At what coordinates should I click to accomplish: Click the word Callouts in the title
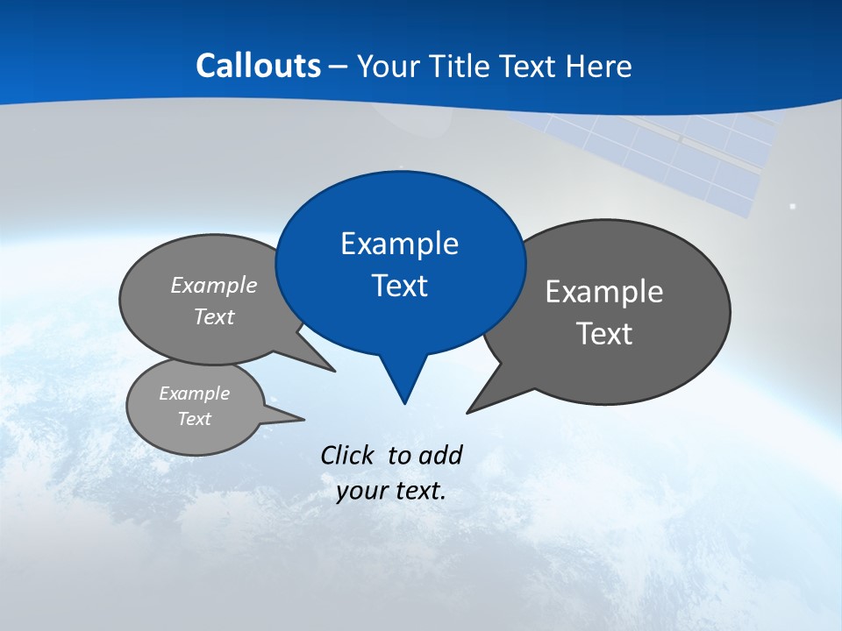click(x=258, y=66)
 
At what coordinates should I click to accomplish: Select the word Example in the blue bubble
click(x=399, y=244)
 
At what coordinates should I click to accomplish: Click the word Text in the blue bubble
click(x=399, y=286)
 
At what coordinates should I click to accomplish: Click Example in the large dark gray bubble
click(x=603, y=292)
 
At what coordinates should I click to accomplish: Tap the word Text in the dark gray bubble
click(x=603, y=334)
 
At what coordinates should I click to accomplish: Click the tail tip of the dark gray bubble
click(x=468, y=412)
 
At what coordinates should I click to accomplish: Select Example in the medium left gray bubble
click(x=213, y=286)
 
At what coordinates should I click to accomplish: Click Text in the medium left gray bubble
click(x=213, y=317)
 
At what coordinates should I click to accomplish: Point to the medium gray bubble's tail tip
click(x=333, y=371)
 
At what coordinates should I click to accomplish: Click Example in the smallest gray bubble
click(x=194, y=394)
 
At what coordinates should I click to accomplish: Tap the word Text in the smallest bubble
click(x=194, y=419)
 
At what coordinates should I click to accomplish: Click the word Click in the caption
click(x=347, y=456)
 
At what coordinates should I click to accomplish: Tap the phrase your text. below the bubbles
click(x=390, y=491)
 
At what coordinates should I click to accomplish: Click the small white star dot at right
click(x=793, y=206)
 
